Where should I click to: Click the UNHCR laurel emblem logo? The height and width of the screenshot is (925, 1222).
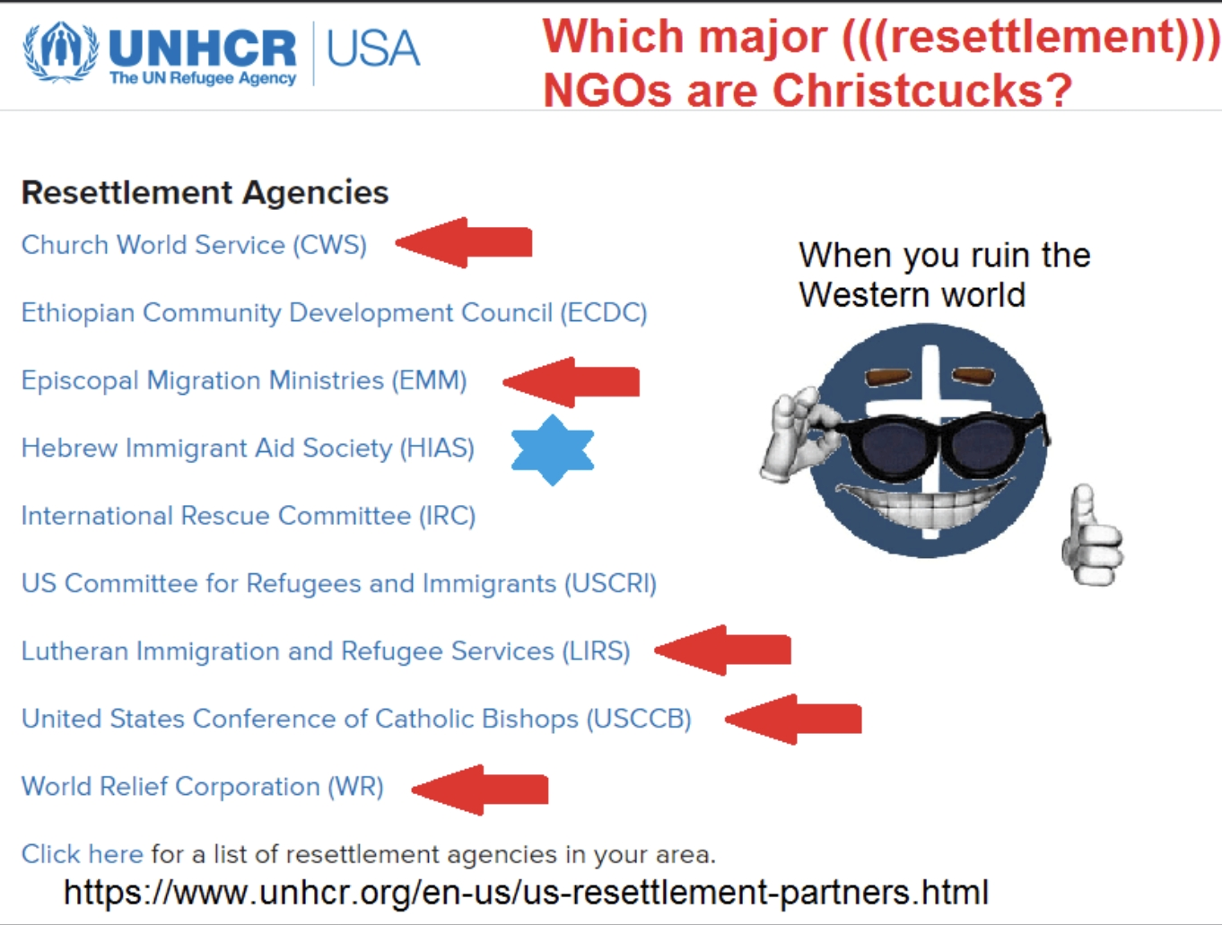(x=61, y=52)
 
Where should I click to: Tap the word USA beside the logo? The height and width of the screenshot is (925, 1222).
(x=372, y=48)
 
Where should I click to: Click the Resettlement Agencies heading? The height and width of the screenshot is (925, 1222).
(x=205, y=193)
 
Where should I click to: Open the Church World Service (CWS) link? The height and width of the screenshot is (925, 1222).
(x=194, y=245)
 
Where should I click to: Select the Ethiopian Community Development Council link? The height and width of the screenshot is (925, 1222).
(x=334, y=313)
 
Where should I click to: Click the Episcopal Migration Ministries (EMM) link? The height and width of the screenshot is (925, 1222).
(x=244, y=380)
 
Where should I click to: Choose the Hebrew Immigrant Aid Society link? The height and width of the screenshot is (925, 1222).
(x=248, y=448)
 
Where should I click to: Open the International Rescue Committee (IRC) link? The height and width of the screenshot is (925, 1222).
(x=249, y=516)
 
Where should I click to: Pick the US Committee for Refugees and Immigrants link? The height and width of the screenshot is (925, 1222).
(x=339, y=584)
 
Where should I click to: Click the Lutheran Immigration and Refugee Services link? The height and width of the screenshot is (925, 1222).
(x=326, y=651)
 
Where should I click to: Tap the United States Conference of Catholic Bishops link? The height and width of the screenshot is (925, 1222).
(x=356, y=719)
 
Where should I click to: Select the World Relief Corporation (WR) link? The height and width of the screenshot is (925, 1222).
(x=203, y=787)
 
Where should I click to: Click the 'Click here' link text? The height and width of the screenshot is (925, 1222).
(x=83, y=854)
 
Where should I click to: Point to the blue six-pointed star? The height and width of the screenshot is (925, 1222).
(x=553, y=449)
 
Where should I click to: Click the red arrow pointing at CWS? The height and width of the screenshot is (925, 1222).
(x=463, y=242)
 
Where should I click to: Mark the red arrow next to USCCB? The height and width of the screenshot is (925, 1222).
(x=793, y=719)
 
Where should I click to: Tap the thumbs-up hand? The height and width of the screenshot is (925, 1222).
(x=1092, y=537)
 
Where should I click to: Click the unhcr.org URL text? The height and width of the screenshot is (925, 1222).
(x=526, y=892)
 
